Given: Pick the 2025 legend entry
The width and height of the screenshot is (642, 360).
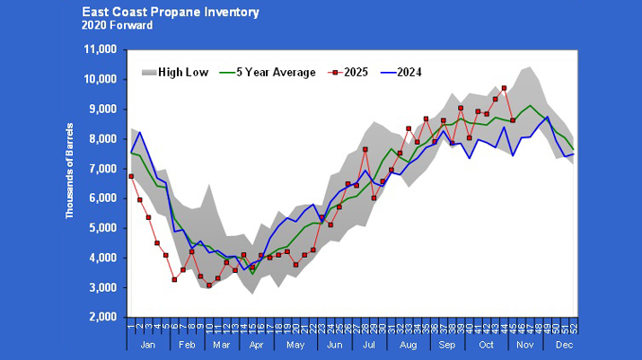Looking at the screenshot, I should (356, 72).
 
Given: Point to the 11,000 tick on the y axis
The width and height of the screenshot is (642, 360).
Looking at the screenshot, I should (101, 49).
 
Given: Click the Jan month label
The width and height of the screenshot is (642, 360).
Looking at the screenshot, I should (148, 345).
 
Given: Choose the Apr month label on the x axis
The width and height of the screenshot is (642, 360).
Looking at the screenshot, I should (256, 345).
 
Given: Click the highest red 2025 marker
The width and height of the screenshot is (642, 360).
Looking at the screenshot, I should (504, 88).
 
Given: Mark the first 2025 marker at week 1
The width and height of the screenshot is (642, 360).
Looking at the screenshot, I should (131, 176).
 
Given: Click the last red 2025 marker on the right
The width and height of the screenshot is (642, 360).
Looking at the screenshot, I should (513, 120).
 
